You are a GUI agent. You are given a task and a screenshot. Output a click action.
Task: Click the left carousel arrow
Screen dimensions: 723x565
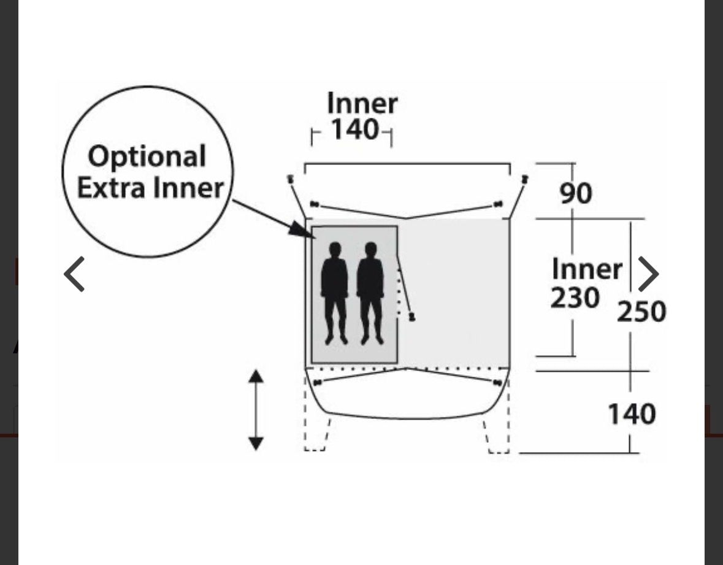[74, 274]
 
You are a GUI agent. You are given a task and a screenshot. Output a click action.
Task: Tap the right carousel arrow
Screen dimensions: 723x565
[648, 274]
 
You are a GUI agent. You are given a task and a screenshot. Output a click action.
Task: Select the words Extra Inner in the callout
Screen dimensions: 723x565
[150, 188]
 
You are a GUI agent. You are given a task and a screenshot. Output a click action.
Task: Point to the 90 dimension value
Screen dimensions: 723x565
[576, 193]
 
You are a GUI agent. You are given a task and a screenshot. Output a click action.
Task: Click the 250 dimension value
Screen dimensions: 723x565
[641, 311]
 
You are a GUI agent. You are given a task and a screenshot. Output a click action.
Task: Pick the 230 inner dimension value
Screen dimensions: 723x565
[575, 298]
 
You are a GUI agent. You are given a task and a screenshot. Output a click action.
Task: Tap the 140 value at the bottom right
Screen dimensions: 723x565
[632, 413]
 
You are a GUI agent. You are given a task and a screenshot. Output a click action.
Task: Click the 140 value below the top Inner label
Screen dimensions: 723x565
[356, 129]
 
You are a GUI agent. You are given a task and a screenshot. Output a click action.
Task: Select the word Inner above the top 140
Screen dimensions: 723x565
[362, 103]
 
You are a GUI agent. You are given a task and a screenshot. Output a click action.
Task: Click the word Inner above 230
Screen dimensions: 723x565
[587, 269]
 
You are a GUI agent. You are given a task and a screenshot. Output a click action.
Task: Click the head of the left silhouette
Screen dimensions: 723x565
[335, 250]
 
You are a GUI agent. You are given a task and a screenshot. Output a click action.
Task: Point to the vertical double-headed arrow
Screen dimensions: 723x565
[256, 410]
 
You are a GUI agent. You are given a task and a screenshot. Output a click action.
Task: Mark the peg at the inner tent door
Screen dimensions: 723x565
[411, 317]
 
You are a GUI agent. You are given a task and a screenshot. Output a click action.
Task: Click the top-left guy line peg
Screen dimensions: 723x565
[291, 179]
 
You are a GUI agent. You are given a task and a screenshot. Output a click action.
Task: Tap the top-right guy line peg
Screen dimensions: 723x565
[525, 179]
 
